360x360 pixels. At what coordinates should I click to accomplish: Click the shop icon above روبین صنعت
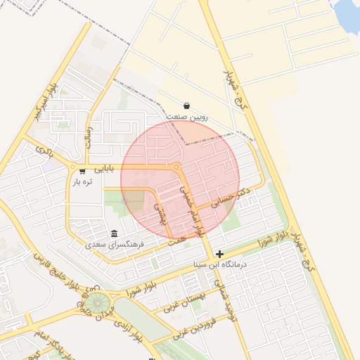(x=186, y=105)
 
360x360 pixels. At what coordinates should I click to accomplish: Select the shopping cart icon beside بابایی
(x=83, y=170)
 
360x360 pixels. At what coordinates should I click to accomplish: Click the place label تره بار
(x=82, y=182)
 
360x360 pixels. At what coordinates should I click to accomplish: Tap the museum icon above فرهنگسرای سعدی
(x=115, y=233)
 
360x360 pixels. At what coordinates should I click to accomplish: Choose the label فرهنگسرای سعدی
(x=115, y=245)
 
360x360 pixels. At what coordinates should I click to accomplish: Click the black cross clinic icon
(x=220, y=254)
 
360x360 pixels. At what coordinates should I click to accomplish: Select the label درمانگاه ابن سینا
(x=220, y=265)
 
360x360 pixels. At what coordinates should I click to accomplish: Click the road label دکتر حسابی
(x=231, y=200)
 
